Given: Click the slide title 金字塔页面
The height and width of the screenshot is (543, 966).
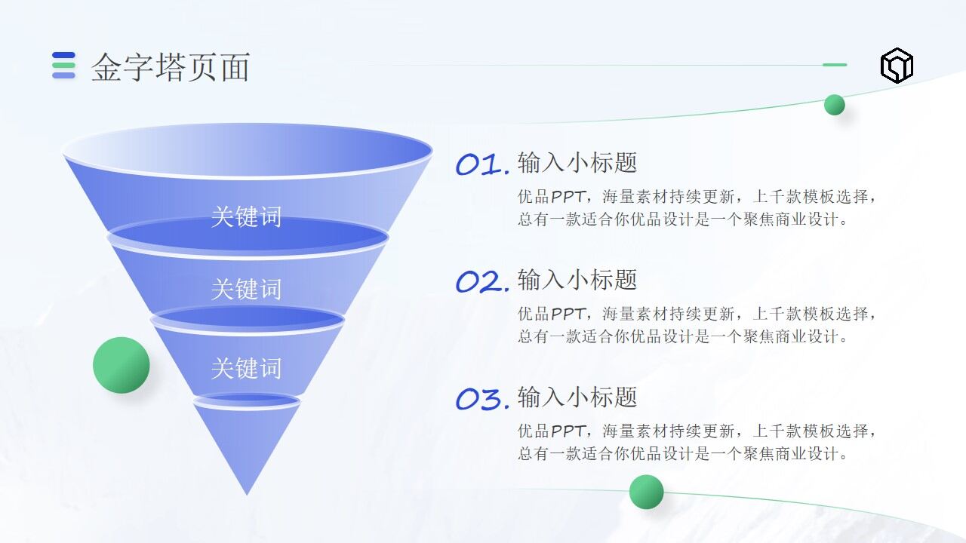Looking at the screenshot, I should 171,67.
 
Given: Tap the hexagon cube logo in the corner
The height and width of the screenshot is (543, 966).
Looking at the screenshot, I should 897,66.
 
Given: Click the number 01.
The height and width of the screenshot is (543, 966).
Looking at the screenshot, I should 482,164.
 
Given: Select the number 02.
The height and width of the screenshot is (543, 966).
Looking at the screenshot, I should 482,282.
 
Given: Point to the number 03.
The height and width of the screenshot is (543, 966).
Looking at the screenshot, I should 482,399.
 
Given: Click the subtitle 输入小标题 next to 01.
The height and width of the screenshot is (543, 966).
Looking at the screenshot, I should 577,162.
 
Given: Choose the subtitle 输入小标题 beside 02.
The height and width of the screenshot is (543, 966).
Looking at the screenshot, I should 577,280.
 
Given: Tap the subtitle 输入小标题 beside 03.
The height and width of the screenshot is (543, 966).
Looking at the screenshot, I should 577,397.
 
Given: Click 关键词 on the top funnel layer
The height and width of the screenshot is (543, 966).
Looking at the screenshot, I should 246,216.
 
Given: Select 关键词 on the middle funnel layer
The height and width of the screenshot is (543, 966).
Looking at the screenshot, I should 246,289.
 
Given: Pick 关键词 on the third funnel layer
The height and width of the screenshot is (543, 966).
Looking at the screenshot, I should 246,368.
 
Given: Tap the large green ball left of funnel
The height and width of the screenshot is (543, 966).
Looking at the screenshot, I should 122,365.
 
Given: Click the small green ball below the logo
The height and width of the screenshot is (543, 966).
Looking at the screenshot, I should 835,105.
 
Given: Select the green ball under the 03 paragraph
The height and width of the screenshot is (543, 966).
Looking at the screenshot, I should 647,492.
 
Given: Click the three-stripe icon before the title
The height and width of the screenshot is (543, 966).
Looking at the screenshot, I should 63,66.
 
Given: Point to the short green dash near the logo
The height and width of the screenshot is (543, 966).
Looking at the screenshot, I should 835,65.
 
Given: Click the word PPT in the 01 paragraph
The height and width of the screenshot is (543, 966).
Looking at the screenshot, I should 567,197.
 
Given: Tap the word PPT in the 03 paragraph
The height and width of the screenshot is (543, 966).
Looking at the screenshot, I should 567,431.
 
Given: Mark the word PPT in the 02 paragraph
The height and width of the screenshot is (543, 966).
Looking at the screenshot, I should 567,314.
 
